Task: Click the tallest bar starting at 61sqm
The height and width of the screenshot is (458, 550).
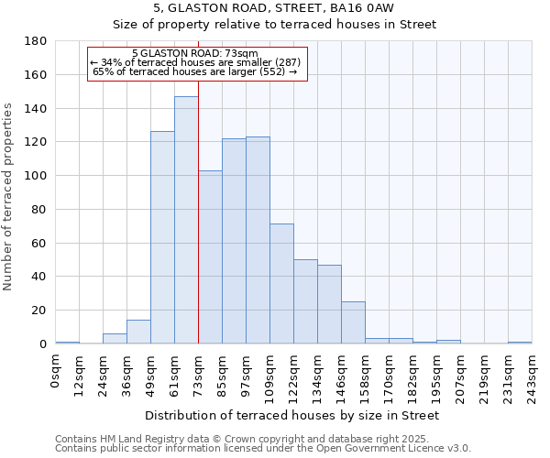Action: (x=186, y=220)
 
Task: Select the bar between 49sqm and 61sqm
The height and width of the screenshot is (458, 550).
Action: (x=162, y=237)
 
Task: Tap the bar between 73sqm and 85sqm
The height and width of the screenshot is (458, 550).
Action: (x=210, y=256)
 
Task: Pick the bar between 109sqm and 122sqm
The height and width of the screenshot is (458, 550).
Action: (x=281, y=283)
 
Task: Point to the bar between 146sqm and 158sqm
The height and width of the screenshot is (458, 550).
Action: (x=353, y=322)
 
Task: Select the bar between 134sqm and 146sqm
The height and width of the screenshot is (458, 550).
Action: (x=329, y=304)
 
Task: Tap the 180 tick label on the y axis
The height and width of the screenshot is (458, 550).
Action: (x=36, y=41)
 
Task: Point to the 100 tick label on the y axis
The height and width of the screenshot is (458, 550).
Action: (x=36, y=176)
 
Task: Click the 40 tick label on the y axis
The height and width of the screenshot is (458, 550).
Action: (x=39, y=277)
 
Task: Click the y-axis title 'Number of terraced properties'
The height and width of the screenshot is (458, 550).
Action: (x=9, y=197)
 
